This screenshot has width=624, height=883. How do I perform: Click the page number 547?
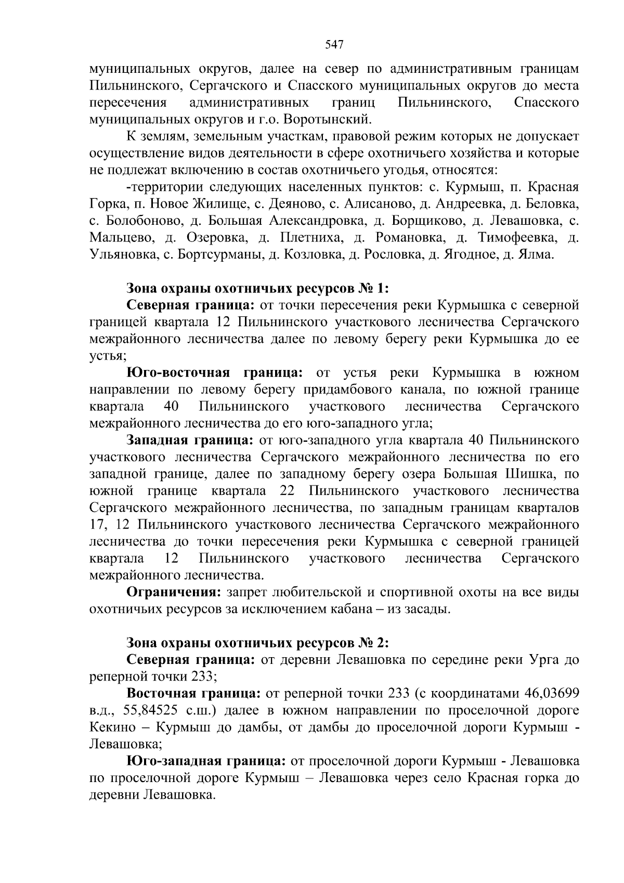point(334,45)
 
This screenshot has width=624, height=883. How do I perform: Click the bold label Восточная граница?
point(194,694)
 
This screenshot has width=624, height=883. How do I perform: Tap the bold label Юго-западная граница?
point(206,761)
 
